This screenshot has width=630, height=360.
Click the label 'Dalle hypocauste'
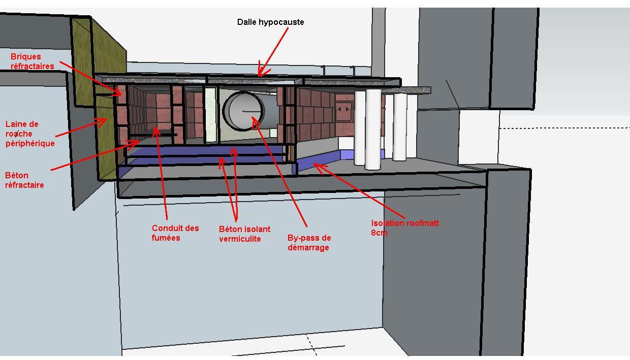[270, 22]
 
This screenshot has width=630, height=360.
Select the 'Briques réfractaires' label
[32, 61]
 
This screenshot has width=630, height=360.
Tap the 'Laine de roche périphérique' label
[29, 134]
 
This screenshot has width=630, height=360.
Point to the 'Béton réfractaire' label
[24, 180]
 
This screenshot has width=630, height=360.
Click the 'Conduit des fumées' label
[175, 233]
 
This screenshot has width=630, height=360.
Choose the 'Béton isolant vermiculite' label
[244, 234]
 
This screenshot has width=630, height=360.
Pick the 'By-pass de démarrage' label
[309, 242]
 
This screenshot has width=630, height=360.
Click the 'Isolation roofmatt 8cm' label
[404, 227]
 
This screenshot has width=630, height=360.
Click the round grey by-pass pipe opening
[244, 111]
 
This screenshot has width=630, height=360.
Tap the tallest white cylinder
[372, 129]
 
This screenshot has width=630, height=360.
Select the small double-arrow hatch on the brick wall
[343, 109]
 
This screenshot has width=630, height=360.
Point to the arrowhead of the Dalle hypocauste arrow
[260, 74]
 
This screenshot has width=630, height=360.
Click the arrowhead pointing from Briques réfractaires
[121, 93]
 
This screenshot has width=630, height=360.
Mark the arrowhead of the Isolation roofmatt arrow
[317, 163]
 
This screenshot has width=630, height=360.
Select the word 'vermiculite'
[240, 239]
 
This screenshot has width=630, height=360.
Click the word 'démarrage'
[308, 247]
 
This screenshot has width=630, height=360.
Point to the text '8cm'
[379, 233]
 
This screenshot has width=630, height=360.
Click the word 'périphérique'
[29, 143]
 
